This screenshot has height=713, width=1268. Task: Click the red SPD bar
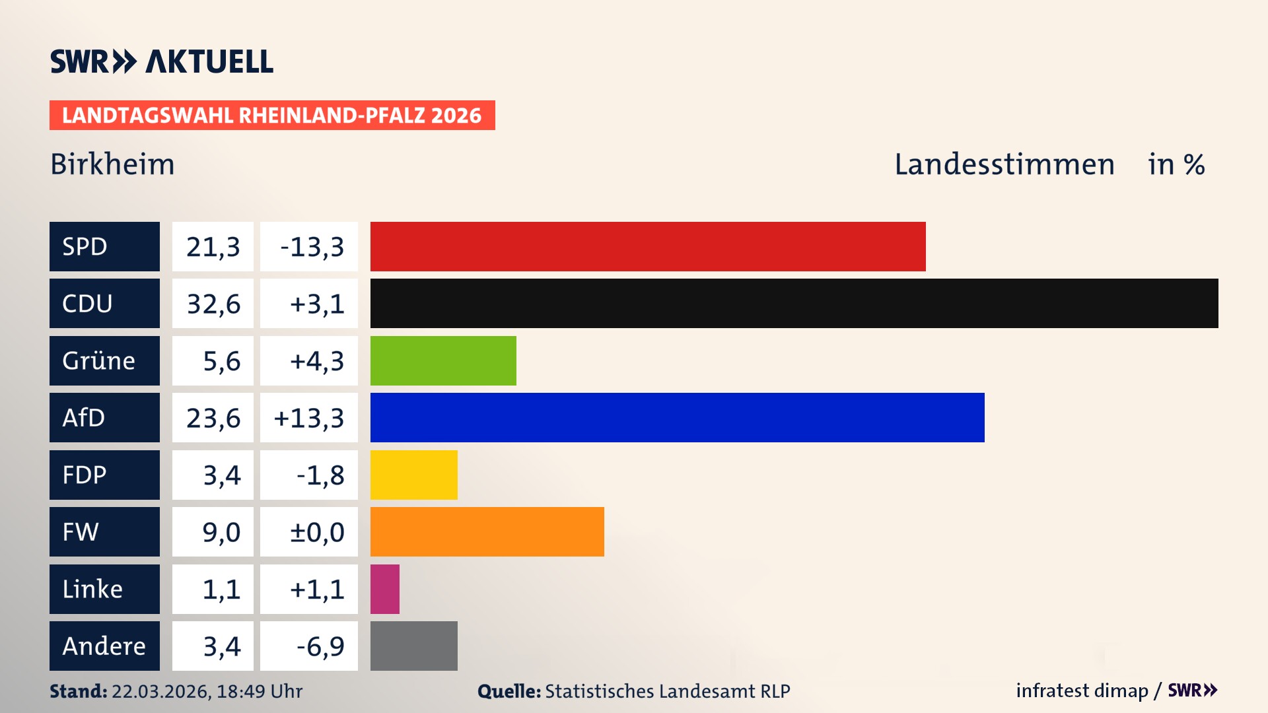[x=647, y=246]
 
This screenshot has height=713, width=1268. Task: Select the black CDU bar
[x=794, y=303]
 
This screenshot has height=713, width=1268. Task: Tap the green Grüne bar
[x=443, y=360]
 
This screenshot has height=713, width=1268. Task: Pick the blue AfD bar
[x=677, y=417]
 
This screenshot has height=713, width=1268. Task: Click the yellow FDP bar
[x=413, y=475]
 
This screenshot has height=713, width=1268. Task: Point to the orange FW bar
[x=487, y=531]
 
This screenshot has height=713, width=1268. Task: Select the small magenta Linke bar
[x=384, y=589]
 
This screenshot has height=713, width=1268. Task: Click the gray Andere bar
[x=413, y=646]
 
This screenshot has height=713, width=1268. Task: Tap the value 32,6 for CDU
[x=213, y=304]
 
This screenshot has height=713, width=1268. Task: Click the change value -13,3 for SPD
[x=311, y=247]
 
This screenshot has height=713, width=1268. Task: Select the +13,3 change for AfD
[x=308, y=418]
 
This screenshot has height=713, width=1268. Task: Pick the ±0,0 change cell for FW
[x=316, y=532]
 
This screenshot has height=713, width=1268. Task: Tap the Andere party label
[x=104, y=646]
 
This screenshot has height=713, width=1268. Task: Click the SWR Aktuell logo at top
[x=161, y=61]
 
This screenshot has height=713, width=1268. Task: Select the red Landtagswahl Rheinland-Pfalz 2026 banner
[x=271, y=116]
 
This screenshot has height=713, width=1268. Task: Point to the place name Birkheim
[x=112, y=164]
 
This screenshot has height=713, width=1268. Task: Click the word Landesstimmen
[x=1004, y=164]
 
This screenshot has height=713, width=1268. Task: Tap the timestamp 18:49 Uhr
[x=259, y=691]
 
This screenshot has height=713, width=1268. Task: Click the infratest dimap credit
[x=1081, y=691]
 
